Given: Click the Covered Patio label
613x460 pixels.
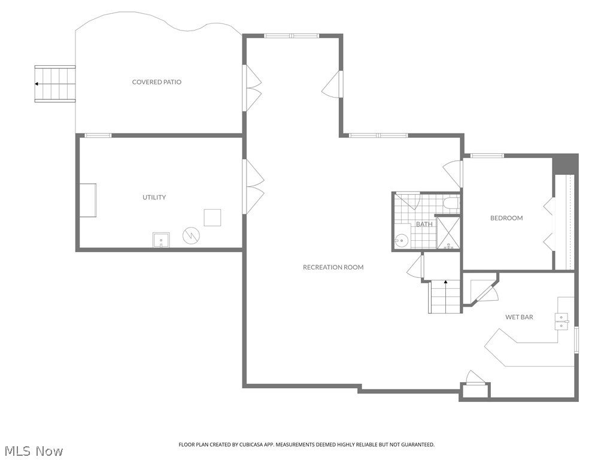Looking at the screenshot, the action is tap(156, 82).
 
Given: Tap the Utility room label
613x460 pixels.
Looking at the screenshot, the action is tap(154, 197).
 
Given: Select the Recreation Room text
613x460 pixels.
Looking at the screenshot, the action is tap(333, 267).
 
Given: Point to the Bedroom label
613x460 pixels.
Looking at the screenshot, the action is tap(506, 218).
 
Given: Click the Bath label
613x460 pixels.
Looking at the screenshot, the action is tap(424, 224).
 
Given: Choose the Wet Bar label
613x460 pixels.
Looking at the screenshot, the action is tap(519, 317).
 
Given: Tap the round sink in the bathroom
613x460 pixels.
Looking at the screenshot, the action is tap(400, 241).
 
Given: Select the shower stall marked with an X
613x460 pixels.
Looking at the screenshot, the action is tap(448, 232).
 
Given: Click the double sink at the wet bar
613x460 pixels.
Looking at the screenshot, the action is tap(562, 321).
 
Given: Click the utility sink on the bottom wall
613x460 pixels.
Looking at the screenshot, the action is tap(161, 240).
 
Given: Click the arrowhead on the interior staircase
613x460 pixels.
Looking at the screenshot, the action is tap(445, 281).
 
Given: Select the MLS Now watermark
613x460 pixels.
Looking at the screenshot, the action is tap(32, 451).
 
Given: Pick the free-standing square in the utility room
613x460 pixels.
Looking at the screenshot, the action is tap(213, 217).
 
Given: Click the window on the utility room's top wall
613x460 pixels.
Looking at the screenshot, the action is tap(98, 136).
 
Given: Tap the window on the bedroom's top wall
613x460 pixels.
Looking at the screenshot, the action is tap(487, 156).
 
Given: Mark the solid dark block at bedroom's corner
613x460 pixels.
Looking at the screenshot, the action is tap(565, 164).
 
